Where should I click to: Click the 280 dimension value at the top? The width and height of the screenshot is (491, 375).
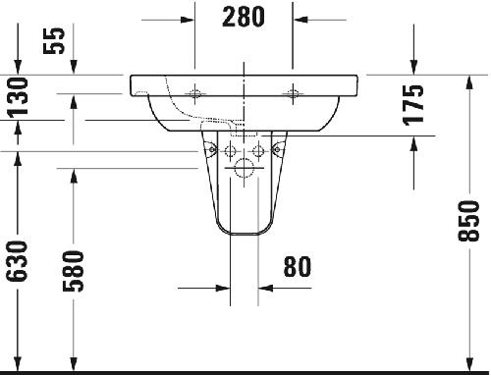click(x=245, y=17)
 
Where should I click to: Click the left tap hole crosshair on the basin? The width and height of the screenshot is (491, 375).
click(x=196, y=93)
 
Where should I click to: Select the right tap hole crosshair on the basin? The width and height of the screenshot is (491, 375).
click(x=291, y=93)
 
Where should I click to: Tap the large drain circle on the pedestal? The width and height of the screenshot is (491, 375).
click(x=244, y=167)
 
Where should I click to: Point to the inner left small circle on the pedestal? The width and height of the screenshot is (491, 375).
click(x=229, y=150)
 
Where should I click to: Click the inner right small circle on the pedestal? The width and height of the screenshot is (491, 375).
click(x=258, y=150)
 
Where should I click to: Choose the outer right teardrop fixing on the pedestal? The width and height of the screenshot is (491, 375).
click(x=278, y=150)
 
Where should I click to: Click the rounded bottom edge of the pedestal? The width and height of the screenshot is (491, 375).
click(x=244, y=235)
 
